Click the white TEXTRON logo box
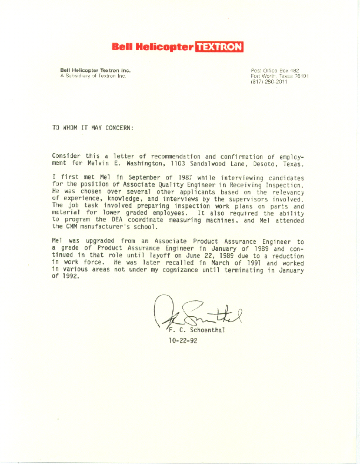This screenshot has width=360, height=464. coord(218,47)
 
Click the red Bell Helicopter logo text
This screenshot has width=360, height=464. coord(152,47)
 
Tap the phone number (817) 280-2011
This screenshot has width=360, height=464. coord(269,81)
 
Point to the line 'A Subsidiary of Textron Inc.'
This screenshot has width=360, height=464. coord(94,76)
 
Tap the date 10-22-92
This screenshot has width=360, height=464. coord(183,340)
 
